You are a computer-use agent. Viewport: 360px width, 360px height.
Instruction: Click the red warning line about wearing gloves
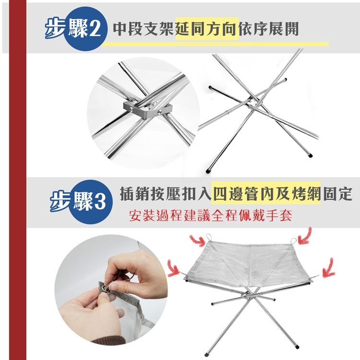click(210, 216)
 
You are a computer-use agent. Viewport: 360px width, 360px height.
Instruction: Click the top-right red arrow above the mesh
click(305, 235)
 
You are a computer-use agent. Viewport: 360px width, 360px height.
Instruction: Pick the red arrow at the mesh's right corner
click(328, 268)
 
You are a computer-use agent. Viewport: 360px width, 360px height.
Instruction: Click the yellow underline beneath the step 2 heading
click(215, 44)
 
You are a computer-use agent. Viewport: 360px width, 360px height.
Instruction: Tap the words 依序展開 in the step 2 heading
click(269, 29)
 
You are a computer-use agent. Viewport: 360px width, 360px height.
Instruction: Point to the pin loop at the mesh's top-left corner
click(208, 236)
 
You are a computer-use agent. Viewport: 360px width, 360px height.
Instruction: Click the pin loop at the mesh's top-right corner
click(294, 240)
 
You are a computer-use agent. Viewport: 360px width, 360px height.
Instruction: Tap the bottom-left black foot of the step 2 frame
click(208, 171)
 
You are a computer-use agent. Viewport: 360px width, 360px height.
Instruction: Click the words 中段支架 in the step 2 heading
click(144, 29)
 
